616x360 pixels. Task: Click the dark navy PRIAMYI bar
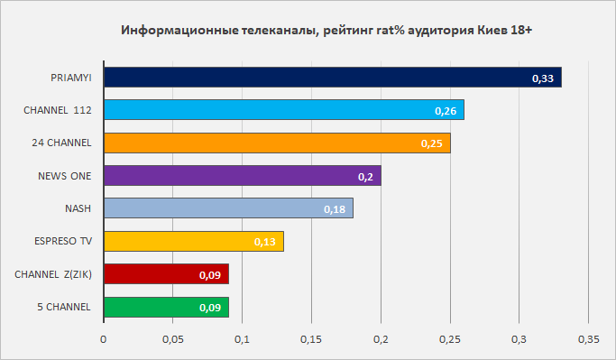coord(333,77)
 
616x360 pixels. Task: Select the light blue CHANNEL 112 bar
coord(284,110)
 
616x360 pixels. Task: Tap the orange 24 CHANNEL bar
coord(278,143)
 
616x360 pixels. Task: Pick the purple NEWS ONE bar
coord(243,175)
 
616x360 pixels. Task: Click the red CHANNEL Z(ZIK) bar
coord(167,274)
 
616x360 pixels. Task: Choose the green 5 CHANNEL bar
coord(167,307)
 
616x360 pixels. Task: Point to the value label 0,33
coord(543,78)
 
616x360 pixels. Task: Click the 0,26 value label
coord(446,111)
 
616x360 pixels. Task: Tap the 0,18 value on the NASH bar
coord(335,209)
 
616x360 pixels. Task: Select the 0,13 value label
coord(265,242)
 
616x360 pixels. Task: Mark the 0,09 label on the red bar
coord(210,275)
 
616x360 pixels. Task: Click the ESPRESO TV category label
coord(63,241)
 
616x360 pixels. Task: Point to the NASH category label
coord(78,208)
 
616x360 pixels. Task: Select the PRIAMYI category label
coord(71,78)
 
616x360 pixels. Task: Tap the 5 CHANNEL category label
coord(64,307)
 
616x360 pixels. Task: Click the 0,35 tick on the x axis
coord(589,339)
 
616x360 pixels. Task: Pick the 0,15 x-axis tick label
coord(311,339)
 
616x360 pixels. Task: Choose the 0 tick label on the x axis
coord(104,339)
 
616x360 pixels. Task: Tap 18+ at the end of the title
coord(521,31)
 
